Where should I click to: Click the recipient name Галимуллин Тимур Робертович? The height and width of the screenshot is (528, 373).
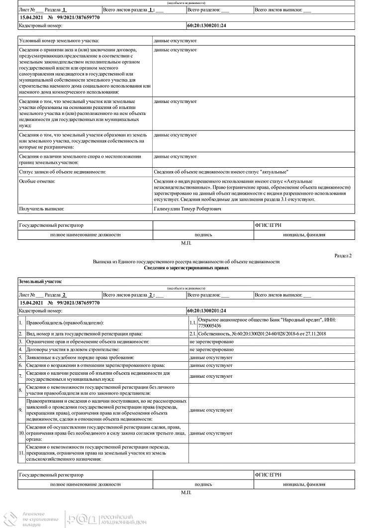coord(188,209)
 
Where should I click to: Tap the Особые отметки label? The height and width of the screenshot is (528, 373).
coord(37,181)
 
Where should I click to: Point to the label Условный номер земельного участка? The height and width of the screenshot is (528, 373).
coord(59,40)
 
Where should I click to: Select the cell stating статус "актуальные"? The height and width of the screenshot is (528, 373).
coord(221,172)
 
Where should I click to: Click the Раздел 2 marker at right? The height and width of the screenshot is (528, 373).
coord(343,255)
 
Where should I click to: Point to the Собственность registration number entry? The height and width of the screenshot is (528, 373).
coord(262,333)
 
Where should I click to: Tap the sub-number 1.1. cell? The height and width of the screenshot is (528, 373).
coord(193,323)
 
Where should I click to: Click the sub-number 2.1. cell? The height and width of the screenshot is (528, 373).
coord(193,333)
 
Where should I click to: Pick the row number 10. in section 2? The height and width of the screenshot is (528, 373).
coord(21,433)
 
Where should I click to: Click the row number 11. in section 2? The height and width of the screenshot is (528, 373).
coord(21,453)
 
